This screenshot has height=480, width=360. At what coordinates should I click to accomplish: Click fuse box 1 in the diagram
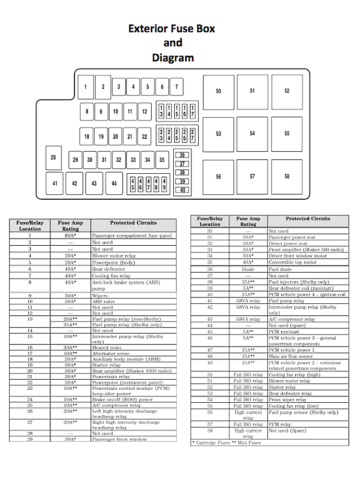pyautogui.click(x=85, y=87)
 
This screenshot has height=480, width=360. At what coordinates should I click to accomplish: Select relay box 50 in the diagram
pyautogui.click(x=218, y=91)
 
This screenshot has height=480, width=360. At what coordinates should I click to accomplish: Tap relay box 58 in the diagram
pyautogui.click(x=287, y=176)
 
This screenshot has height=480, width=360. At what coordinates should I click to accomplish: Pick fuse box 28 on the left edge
pyautogui.click(x=53, y=157)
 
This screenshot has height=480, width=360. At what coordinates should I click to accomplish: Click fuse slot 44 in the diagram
pyautogui.click(x=114, y=183)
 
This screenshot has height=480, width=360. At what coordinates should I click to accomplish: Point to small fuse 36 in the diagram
pyautogui.click(x=182, y=155)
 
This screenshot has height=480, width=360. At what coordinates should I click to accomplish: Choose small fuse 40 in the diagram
pyautogui.click(x=182, y=190)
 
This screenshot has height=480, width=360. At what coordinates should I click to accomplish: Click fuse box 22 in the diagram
pyautogui.click(x=144, y=136)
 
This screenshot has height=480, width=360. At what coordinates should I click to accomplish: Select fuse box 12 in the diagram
pyautogui.click(x=144, y=111)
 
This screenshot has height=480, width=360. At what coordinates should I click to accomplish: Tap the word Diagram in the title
pyautogui.click(x=173, y=58)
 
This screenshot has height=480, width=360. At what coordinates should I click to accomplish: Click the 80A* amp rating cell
pyautogui.click(x=70, y=236)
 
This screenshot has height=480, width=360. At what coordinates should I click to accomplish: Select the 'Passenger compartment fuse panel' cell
pyautogui.click(x=132, y=236)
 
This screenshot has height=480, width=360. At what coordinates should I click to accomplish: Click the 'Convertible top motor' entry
pyautogui.click(x=292, y=263)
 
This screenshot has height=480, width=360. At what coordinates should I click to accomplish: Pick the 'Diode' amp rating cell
pyautogui.click(x=248, y=269)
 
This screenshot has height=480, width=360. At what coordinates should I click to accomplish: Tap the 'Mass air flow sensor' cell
pyautogui.click(x=290, y=357)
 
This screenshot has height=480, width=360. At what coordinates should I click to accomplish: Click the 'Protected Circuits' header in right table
pyautogui.click(x=308, y=218)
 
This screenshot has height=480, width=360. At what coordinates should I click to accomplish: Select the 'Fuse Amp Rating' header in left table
pyautogui.click(x=71, y=226)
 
